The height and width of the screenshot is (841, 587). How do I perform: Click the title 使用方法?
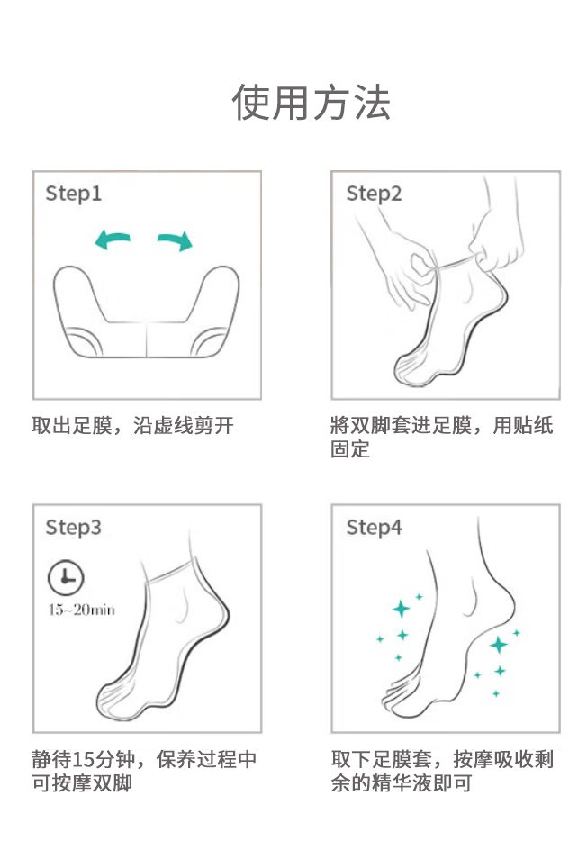coord(311,102)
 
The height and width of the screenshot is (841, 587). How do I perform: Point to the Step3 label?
coord(74,528)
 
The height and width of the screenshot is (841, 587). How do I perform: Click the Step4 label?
coord(374,528)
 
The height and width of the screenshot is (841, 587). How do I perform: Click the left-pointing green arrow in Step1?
coord(113,240)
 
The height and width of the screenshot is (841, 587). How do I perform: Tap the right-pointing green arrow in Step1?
coord(175,240)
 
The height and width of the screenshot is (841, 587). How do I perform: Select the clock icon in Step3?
coord(66,578)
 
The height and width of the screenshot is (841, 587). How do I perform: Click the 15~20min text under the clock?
coord(82,610)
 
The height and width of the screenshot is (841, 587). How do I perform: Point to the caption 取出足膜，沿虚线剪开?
coord(132,426)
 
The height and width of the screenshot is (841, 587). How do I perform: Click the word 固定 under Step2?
coord(350,449)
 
